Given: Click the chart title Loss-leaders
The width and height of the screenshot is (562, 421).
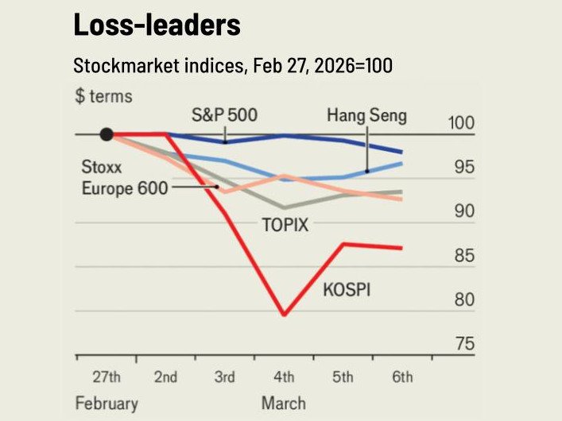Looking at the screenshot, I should click(157, 25).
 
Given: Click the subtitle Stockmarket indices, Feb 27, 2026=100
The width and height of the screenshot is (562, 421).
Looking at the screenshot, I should click(233, 65).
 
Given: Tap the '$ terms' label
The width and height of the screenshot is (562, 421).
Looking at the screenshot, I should click(103, 97).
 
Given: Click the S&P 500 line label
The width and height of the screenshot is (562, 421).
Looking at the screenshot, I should click(224, 114).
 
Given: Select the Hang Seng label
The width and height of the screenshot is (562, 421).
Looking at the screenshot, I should click(366, 115).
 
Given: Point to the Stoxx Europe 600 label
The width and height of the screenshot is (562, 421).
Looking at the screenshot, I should click(123, 178).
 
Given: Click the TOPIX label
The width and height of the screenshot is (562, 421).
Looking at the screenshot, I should click(285, 225).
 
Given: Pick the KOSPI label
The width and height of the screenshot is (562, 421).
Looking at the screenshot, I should click(347, 290).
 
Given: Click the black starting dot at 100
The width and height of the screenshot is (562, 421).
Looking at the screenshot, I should click(107, 134).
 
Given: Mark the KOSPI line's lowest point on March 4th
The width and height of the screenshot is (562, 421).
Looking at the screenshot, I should click(285, 315).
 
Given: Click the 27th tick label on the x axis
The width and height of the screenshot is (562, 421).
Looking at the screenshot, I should click(106, 377).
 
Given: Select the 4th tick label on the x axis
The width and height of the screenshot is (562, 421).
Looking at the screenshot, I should click(284, 377).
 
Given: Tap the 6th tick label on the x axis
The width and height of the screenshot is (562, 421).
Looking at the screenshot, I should click(402, 377).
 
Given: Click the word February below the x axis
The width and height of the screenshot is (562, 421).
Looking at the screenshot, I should click(107, 402).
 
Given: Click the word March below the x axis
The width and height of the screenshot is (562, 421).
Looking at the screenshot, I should click(284, 402).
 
